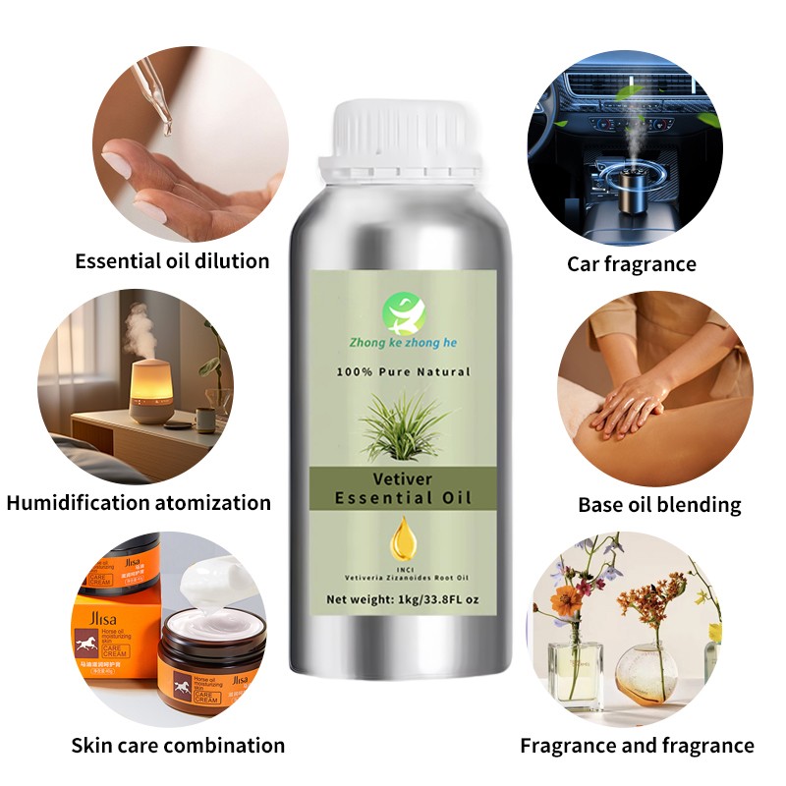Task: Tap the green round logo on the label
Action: point(405,313)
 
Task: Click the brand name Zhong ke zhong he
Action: point(405,343)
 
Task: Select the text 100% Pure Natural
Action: point(405,371)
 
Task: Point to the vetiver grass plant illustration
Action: point(404,424)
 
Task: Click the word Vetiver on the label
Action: point(403,478)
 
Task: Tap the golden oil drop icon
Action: point(403,537)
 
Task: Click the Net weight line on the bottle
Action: point(405,600)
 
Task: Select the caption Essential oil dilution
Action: point(173,261)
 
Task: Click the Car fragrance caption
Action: point(632,263)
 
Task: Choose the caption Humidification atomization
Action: point(139,503)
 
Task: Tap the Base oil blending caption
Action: point(659,505)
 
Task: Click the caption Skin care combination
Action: point(178,745)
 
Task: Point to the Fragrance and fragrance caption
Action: point(637,745)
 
